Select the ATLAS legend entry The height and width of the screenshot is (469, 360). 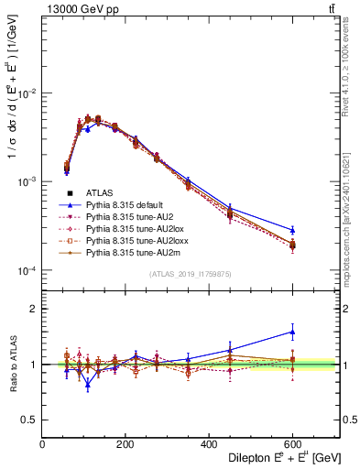tap(101, 192)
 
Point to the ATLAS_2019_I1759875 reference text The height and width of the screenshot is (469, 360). tap(191, 273)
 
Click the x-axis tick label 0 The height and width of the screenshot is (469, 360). tap(43, 444)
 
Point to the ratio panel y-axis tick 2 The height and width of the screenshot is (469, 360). tap(34, 309)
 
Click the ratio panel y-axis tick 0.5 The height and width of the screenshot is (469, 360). tap(30, 420)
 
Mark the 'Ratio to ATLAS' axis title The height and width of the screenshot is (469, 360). tap(13, 364)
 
